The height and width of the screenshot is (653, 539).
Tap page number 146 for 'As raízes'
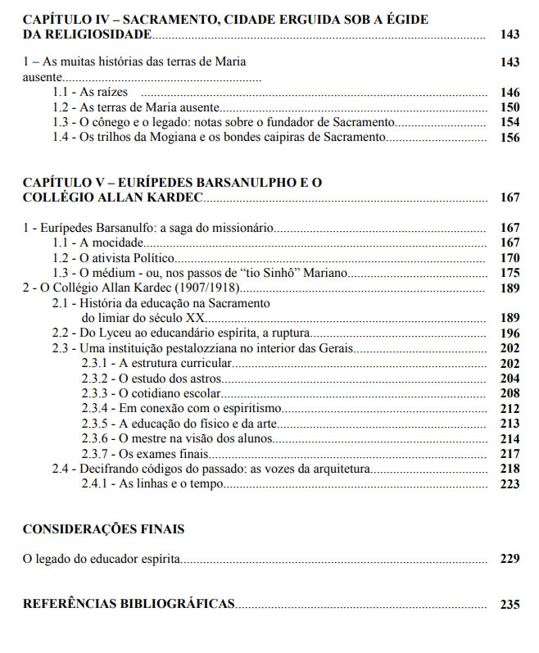[510, 92]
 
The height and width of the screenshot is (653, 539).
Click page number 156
[510, 138]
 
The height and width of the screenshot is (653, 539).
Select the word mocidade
[117, 243]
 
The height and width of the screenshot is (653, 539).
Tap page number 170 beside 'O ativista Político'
[510, 257]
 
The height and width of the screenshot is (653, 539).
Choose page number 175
[510, 273]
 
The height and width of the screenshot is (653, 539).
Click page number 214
[510, 439]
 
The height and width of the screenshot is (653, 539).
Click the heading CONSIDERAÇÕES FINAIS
[103, 529]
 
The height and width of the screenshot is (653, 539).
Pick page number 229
[510, 560]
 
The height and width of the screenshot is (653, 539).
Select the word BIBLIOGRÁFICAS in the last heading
[176, 605]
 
